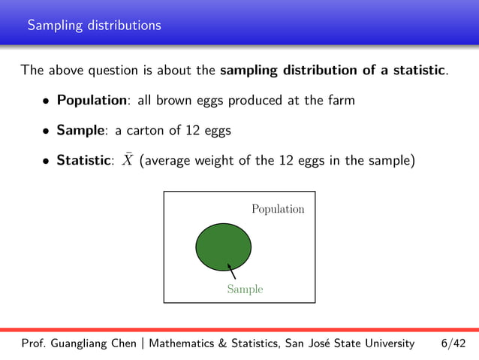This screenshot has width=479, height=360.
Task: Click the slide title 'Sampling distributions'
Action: click(94, 26)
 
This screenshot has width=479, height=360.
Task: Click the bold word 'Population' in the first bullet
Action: click(93, 101)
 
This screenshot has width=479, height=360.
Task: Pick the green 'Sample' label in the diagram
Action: click(246, 289)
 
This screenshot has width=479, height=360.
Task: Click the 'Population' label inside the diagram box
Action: click(278, 209)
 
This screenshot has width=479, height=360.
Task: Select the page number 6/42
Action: click(453, 343)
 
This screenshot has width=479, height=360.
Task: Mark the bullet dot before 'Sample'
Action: click(47, 131)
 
